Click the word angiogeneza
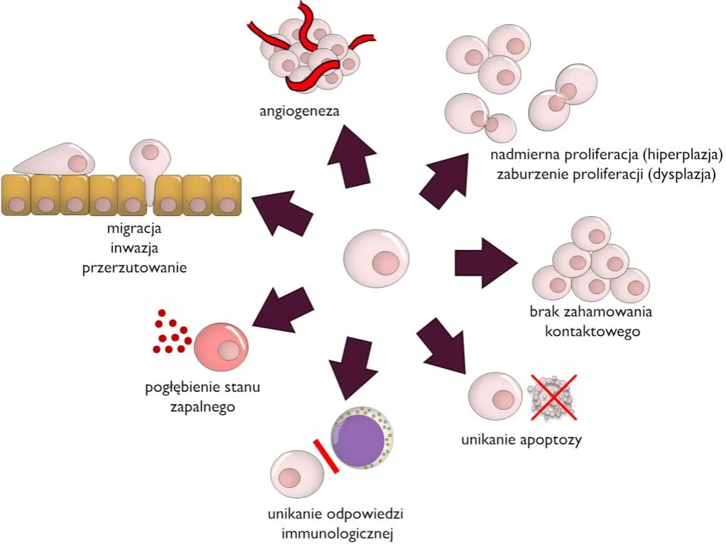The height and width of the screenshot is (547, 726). click(290, 111)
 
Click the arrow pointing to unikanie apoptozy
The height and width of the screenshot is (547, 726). click(441, 344)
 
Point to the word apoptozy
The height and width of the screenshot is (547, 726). click(552, 440)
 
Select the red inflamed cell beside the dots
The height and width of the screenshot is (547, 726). click(222, 345)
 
